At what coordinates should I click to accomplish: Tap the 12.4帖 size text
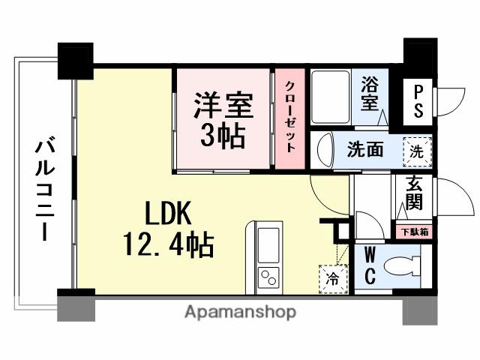(167, 244)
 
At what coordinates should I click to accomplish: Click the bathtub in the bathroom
(328, 98)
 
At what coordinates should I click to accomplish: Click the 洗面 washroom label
(365, 149)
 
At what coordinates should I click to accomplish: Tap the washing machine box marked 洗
(417, 149)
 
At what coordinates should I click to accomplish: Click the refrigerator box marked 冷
(331, 277)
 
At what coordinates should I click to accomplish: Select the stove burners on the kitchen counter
(268, 277)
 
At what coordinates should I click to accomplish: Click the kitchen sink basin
(268, 243)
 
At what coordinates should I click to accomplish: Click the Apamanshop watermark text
(240, 310)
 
